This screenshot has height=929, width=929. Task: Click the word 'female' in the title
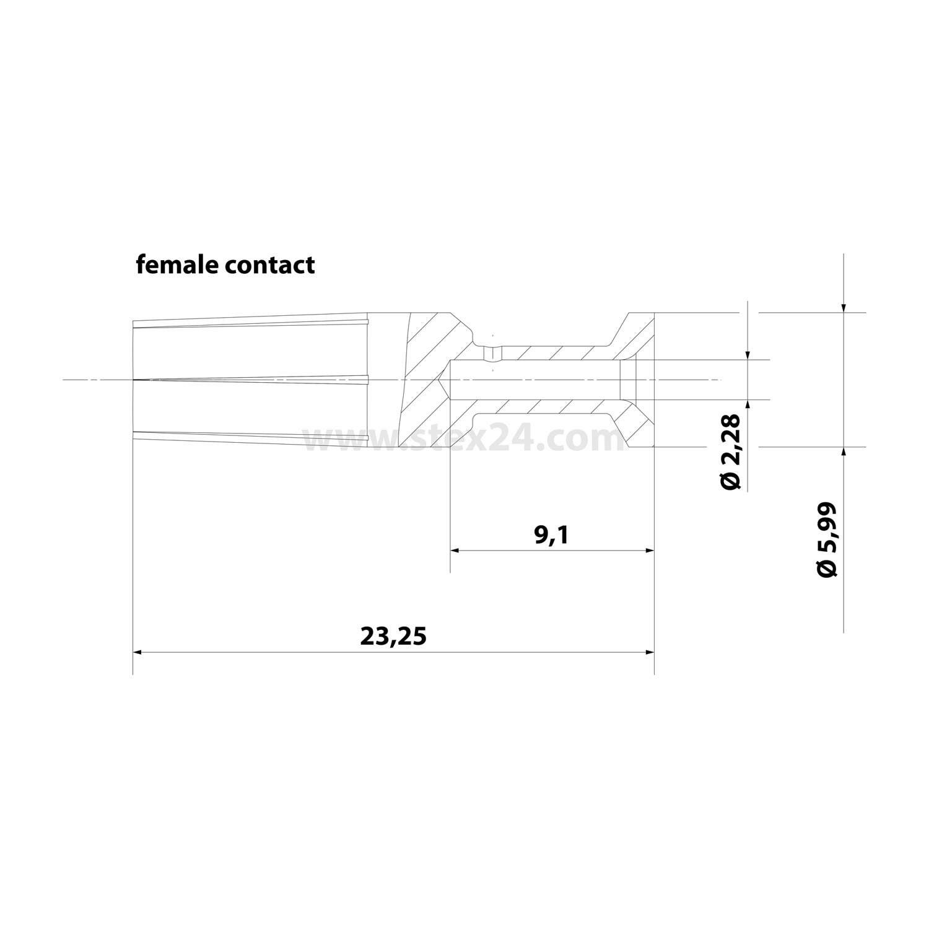click(x=177, y=264)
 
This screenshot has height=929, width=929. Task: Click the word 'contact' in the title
click(x=269, y=266)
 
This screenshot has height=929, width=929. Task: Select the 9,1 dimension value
click(x=551, y=535)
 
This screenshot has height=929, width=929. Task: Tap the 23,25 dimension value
click(x=394, y=636)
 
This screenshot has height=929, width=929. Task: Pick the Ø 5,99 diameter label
click(x=827, y=539)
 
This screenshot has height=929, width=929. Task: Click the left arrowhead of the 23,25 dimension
click(x=141, y=652)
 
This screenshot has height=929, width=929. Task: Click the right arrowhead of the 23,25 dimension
click(x=647, y=652)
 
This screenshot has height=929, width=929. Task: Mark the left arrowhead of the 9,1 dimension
click(x=458, y=550)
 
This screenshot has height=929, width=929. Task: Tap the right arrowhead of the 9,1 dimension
click(x=647, y=550)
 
